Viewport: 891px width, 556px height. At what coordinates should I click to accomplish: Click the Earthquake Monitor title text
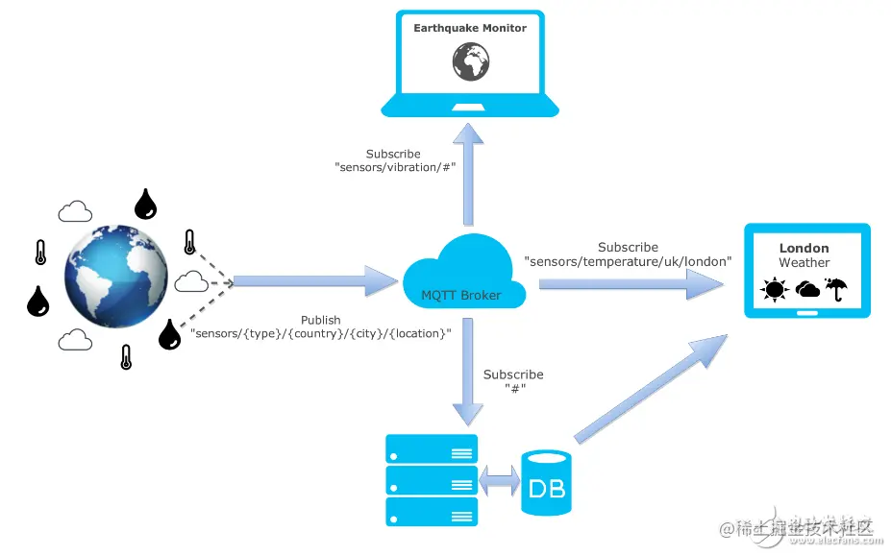pyautogui.click(x=470, y=29)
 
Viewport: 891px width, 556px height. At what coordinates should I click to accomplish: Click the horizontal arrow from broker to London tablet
pyautogui.click(x=631, y=283)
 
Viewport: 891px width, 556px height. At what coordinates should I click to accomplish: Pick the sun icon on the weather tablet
pyautogui.click(x=773, y=289)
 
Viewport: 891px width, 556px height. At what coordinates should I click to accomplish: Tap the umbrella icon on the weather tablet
pyautogui.click(x=837, y=288)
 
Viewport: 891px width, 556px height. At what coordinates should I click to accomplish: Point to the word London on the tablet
pyautogui.click(x=804, y=248)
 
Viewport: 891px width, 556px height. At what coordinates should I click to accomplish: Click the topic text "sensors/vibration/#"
pyautogui.click(x=394, y=167)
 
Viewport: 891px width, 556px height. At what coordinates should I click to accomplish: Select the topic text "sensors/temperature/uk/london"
pyautogui.click(x=628, y=261)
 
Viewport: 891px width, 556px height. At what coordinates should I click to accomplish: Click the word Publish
pyautogui.click(x=320, y=320)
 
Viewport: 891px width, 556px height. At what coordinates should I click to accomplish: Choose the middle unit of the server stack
pyautogui.click(x=431, y=479)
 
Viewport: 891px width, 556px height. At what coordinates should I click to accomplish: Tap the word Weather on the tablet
pyautogui.click(x=804, y=263)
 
